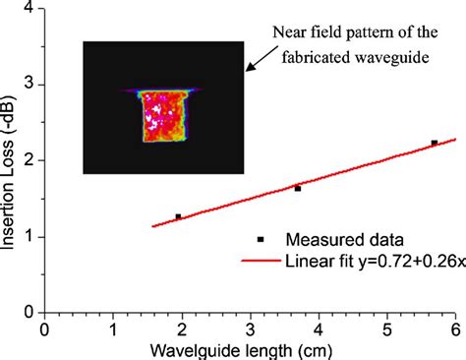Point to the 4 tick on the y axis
[x=29, y=9]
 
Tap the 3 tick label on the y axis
[x=29, y=85]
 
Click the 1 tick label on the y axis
[x=29, y=236]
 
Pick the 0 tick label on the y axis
[x=29, y=312]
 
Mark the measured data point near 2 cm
[x=178, y=216]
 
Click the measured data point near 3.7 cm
[x=297, y=188]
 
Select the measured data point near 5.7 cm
[x=434, y=143]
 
